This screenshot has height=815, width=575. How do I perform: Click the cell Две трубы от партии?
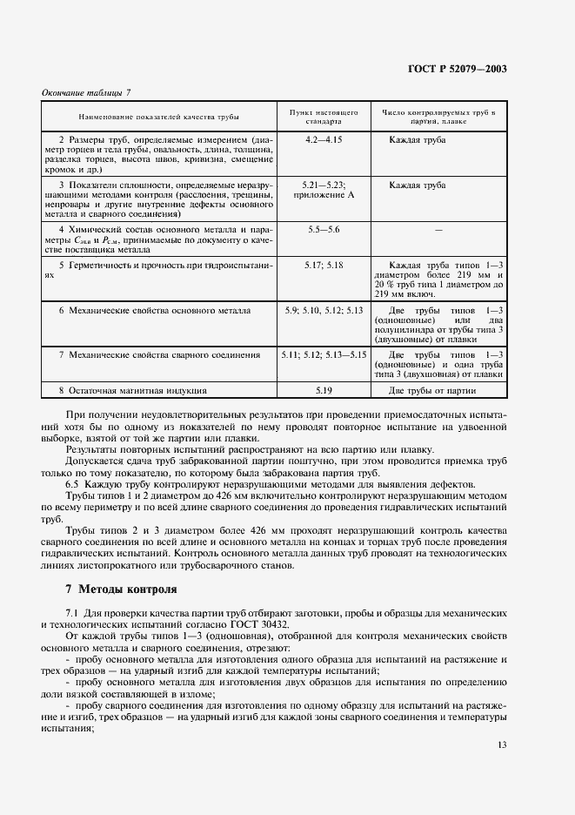[432, 391]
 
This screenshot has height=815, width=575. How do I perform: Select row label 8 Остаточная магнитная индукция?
[132, 391]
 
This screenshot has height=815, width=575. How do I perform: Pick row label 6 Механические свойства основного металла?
[155, 310]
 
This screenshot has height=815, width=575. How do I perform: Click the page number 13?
[503, 744]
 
